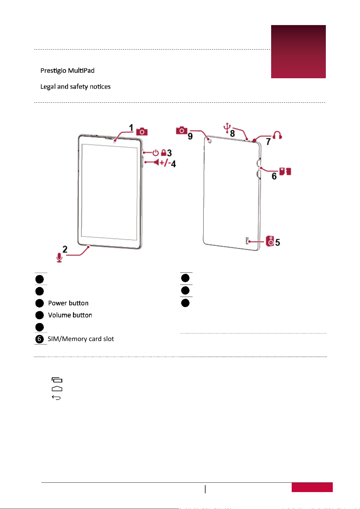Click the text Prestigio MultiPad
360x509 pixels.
(67, 70)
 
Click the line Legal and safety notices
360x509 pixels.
(76, 87)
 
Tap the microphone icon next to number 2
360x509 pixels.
(59, 257)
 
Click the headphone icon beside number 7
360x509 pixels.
(277, 135)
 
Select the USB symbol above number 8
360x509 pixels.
(227, 127)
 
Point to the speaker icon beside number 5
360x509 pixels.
(270, 241)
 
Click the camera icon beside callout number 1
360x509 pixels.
(142, 132)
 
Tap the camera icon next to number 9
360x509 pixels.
(182, 130)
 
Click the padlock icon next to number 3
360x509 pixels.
(164, 153)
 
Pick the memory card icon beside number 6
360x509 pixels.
(285, 171)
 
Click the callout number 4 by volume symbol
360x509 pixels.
(174, 164)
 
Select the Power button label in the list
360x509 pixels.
(68, 303)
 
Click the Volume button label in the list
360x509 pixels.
(70, 315)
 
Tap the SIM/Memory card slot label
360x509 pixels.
(81, 339)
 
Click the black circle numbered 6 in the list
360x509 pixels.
(39, 339)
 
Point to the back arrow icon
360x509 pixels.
(57, 398)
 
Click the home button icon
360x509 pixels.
(57, 389)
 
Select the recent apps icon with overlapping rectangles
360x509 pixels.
(57, 380)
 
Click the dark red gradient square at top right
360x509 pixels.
(298, 52)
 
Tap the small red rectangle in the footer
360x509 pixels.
(312, 487)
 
